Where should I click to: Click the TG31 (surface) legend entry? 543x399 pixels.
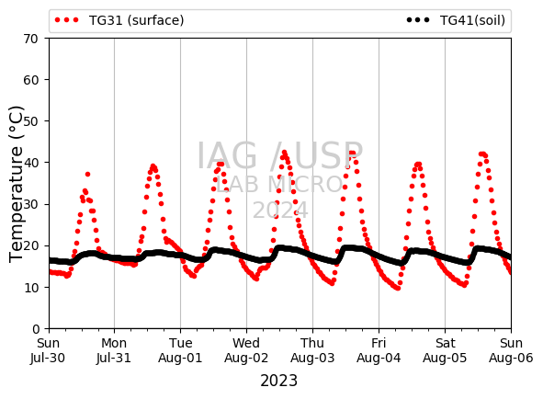point(119,20)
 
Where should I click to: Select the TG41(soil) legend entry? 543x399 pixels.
point(456,20)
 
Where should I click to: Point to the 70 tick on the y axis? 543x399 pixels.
point(30,39)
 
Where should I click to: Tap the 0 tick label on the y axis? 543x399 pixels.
point(36,328)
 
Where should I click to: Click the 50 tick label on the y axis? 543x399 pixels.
point(30,121)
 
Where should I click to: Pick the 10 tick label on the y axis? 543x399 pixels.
point(30,288)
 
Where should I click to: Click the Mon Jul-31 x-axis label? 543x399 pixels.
point(114,350)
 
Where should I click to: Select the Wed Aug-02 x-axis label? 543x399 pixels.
point(246,350)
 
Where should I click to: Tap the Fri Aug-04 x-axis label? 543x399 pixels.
point(379,350)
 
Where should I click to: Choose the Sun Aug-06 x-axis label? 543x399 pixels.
point(511,350)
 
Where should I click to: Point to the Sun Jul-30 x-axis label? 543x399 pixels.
point(48,350)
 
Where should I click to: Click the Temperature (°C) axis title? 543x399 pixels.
point(17,184)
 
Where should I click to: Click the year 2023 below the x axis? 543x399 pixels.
point(278,381)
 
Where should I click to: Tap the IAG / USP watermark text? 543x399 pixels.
point(280,155)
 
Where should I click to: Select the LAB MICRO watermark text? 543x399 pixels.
point(279,184)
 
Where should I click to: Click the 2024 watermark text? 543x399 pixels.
point(280,211)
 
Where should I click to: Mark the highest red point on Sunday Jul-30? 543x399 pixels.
point(87,174)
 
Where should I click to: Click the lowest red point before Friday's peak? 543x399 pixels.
point(398,288)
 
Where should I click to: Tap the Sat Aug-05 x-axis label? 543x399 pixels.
point(445,350)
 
